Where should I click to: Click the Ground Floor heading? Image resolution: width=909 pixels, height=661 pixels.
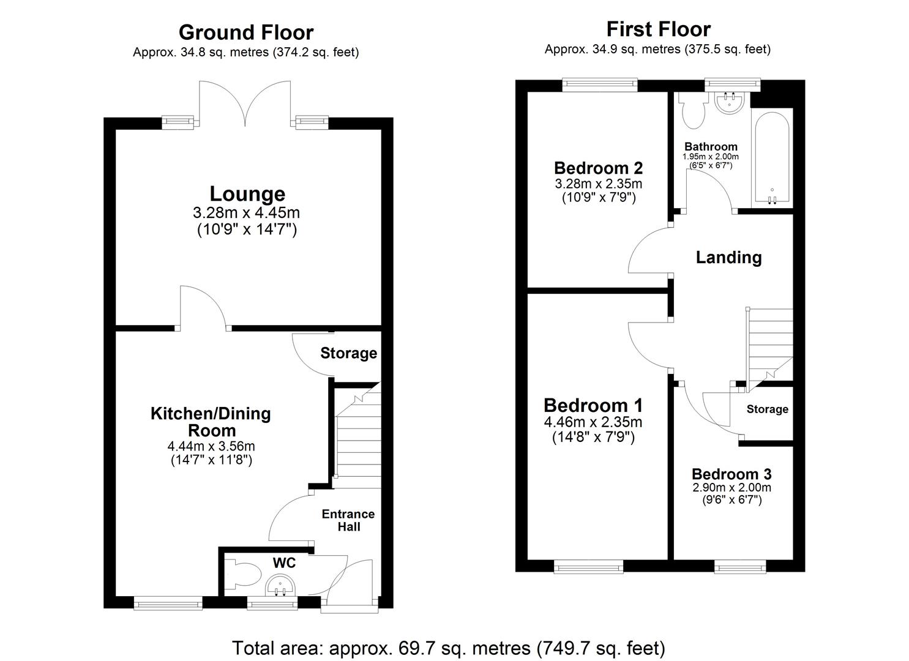(x=246, y=32)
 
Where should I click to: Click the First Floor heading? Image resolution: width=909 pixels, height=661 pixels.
(x=658, y=29)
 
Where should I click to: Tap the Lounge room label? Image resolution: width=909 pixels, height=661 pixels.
(x=247, y=193)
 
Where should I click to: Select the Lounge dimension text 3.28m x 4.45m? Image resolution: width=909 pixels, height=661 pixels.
(x=246, y=213)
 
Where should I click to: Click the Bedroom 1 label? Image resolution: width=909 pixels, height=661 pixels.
(x=593, y=405)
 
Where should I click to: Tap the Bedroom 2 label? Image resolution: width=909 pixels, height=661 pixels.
(x=598, y=168)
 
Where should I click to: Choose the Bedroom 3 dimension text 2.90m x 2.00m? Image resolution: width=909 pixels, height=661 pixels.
(x=731, y=488)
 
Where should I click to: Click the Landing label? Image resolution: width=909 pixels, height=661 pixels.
(x=728, y=257)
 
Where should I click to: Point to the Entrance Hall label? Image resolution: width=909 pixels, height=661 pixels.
(x=348, y=520)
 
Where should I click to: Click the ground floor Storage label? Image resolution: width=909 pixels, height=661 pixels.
(x=348, y=353)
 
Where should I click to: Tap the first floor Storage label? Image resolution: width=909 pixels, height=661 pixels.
(x=767, y=409)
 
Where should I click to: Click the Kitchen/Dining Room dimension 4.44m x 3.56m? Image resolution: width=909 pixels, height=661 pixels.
(x=211, y=446)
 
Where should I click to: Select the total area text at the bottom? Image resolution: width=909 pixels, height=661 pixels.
(x=448, y=647)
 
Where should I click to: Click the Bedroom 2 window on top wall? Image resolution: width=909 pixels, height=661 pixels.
(x=600, y=85)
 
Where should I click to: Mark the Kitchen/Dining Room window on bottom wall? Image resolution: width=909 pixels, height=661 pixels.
(x=168, y=603)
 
